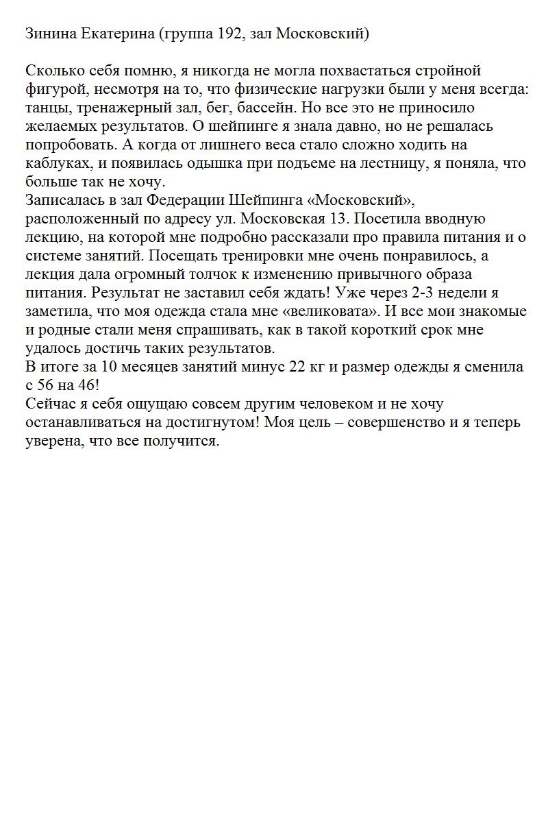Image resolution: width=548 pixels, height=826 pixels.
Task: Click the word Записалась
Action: [60, 201]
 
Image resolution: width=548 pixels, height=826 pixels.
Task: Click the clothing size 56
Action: [47, 385]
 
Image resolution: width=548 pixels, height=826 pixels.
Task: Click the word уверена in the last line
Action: [52, 441]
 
